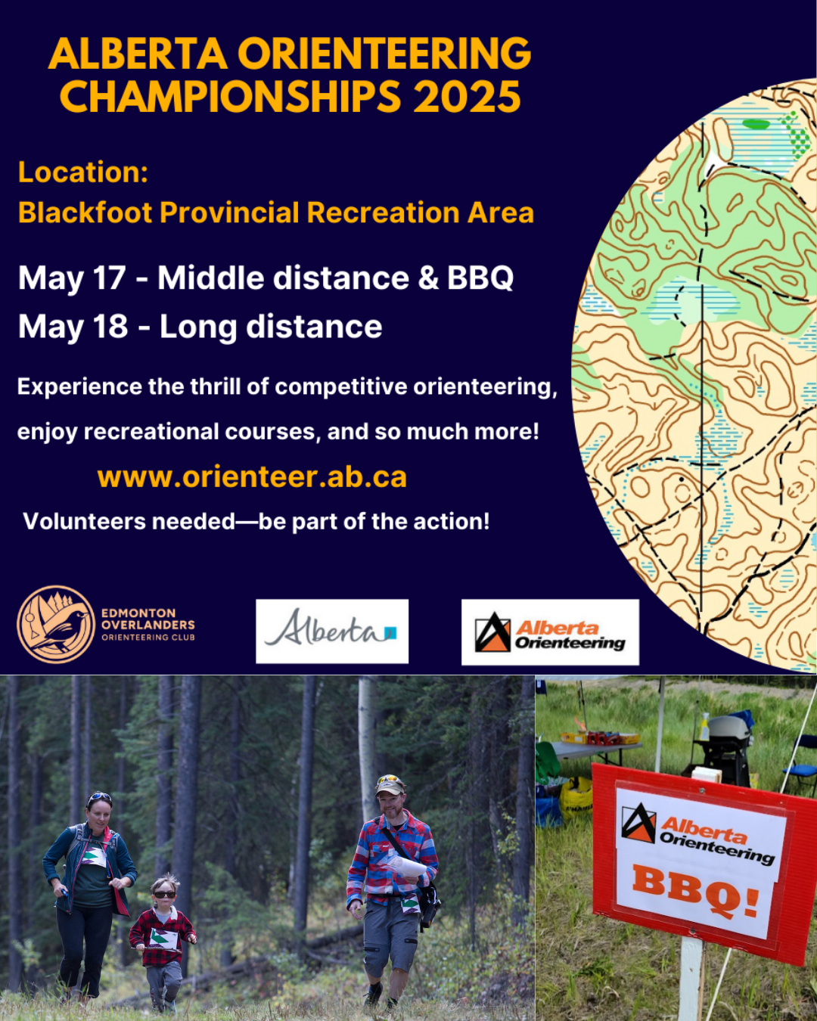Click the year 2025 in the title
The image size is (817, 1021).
tap(468, 96)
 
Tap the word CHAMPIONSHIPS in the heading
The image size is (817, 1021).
tap(230, 96)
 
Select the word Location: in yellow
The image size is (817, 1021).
tap(83, 172)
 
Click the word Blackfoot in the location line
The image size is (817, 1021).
tap(85, 212)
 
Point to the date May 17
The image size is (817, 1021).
tap(72, 278)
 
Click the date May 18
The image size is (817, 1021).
tap(73, 327)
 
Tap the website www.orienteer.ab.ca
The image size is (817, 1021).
tap(252, 476)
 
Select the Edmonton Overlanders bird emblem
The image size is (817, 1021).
tap(56, 625)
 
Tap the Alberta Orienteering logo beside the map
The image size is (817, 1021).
tap(550, 632)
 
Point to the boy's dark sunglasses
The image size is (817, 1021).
tap(164, 895)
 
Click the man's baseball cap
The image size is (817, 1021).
tap(390, 786)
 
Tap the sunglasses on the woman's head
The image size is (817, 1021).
tap(99, 796)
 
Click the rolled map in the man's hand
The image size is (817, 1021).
tap(406, 865)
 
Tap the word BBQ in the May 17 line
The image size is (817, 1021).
tap(480, 278)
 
